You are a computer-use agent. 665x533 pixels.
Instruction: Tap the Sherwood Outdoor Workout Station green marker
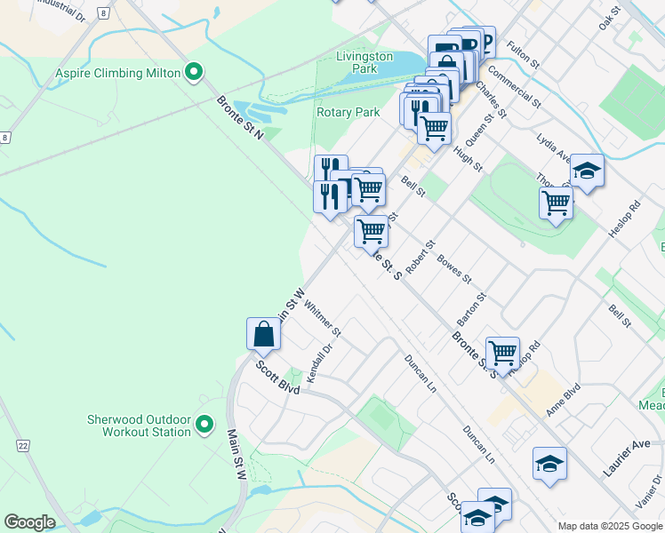click(x=204, y=425)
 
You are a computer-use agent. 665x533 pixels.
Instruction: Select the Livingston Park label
click(x=365, y=61)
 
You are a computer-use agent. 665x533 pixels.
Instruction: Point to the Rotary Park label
click(x=349, y=112)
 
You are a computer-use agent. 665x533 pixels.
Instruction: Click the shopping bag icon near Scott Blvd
click(x=264, y=334)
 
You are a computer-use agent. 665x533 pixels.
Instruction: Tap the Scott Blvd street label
click(x=277, y=378)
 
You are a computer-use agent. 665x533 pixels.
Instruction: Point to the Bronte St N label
click(x=241, y=117)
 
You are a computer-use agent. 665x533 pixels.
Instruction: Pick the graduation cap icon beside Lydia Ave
click(x=587, y=170)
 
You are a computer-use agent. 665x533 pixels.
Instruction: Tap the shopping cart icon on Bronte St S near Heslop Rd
click(x=502, y=353)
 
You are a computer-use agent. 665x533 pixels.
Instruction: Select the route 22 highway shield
click(x=22, y=443)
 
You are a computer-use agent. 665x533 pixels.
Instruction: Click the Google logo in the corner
click(x=29, y=522)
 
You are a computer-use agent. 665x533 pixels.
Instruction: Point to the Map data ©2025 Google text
click(x=609, y=526)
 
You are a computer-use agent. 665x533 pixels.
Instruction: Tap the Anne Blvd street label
click(x=564, y=401)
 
